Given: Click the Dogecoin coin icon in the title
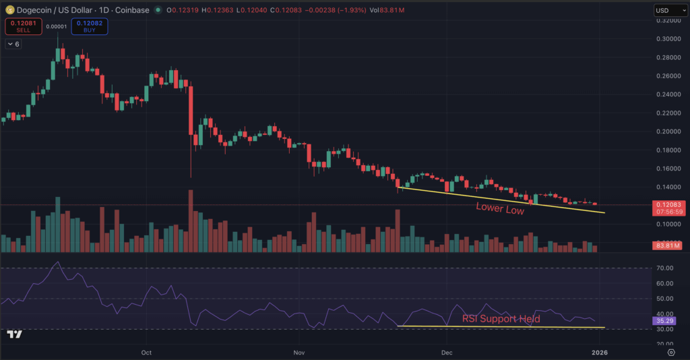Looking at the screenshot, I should click(10, 10).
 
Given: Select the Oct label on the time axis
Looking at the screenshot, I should click(148, 352).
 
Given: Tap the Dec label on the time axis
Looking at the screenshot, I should click(446, 352).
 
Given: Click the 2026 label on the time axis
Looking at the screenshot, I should click(599, 352).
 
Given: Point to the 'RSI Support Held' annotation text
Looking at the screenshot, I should click(501, 319).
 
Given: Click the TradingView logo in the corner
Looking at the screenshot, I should click(14, 334).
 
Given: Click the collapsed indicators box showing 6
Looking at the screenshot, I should click(13, 44).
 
